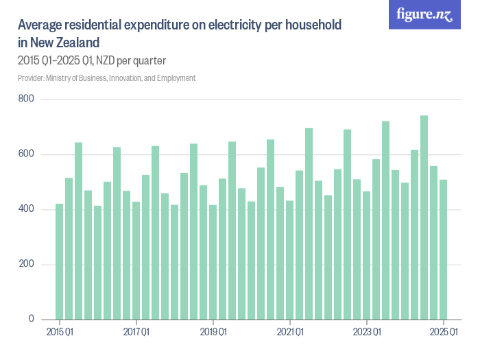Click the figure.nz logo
click(425, 15)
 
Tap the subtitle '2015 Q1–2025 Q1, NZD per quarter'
click(92, 60)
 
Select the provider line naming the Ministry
click(107, 78)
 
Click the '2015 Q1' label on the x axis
click(60, 333)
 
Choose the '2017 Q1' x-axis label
click(136, 333)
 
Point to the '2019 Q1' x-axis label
click(213, 333)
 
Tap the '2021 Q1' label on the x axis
click(290, 333)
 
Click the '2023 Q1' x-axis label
click(367, 333)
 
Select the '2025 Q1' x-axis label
click(444, 333)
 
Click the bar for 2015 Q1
click(60, 261)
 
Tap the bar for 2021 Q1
click(290, 260)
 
